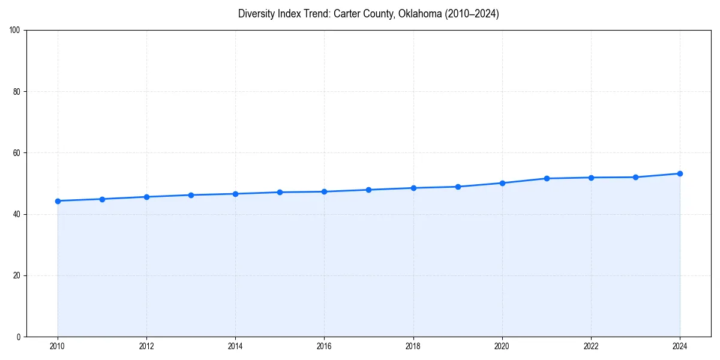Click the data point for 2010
pos(58,201)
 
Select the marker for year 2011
pos(102,199)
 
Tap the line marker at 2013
pos(191,195)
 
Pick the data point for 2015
pos(280,192)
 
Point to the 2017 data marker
pos(368,190)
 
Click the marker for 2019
pos(458,187)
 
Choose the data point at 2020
pos(502,183)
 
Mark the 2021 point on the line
pos(547,178)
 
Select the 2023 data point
pos(635,177)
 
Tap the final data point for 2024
pos(680,173)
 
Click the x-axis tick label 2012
pos(146,346)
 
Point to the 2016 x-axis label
pos(324,346)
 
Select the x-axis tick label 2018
pos(413,346)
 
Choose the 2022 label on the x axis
pos(591,346)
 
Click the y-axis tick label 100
pos(16,31)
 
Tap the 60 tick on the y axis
pos(17,153)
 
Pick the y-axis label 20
pos(17,275)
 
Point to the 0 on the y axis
pos(19,337)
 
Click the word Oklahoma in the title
pos(421,14)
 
